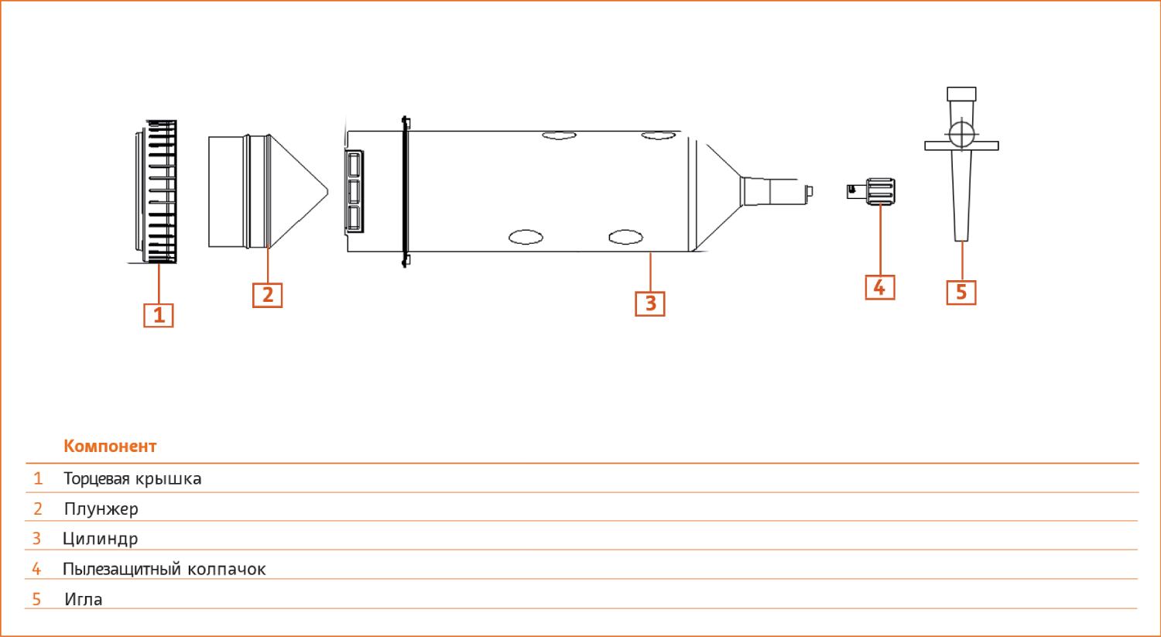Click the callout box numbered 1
[159, 315]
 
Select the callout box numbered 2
[268, 295]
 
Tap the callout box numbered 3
[650, 303]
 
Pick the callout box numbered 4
[880, 287]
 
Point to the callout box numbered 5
[961, 293]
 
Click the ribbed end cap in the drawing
[156, 192]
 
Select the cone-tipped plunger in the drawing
[268, 191]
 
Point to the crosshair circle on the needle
[961, 134]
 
